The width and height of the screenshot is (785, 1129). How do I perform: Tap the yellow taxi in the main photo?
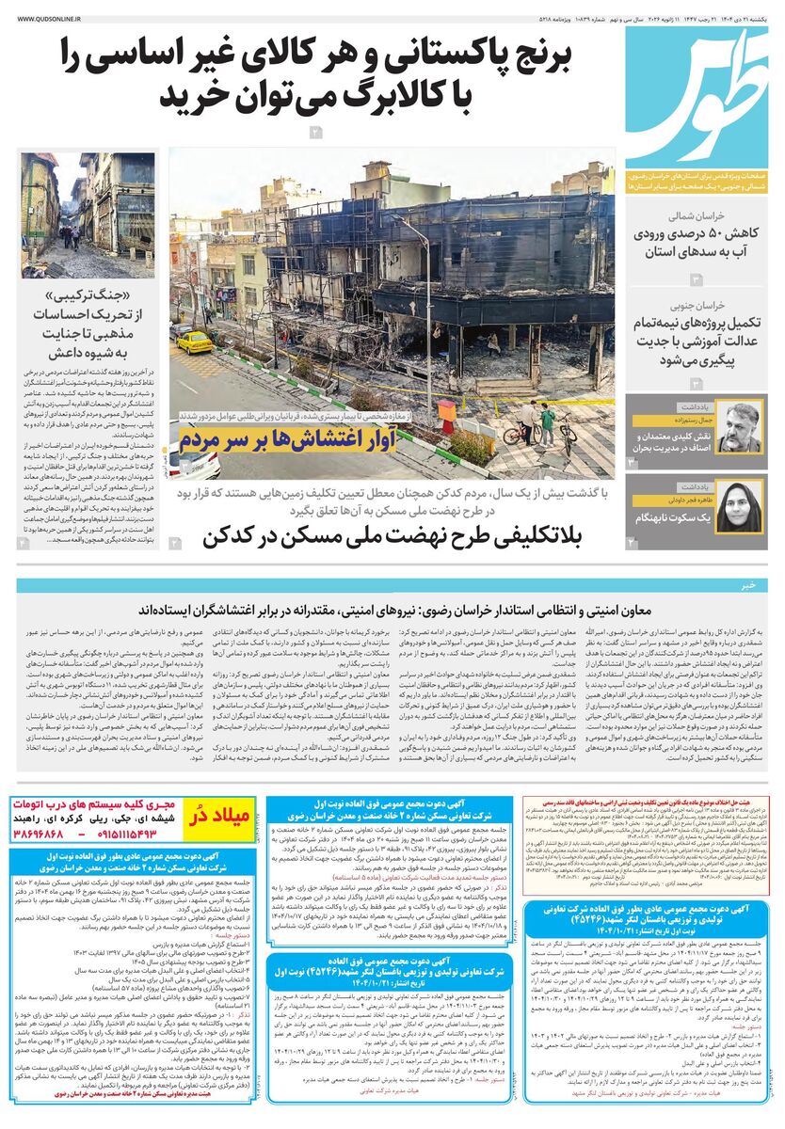[x=195, y=341]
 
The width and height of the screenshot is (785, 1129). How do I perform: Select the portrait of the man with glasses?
[x=740, y=426]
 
